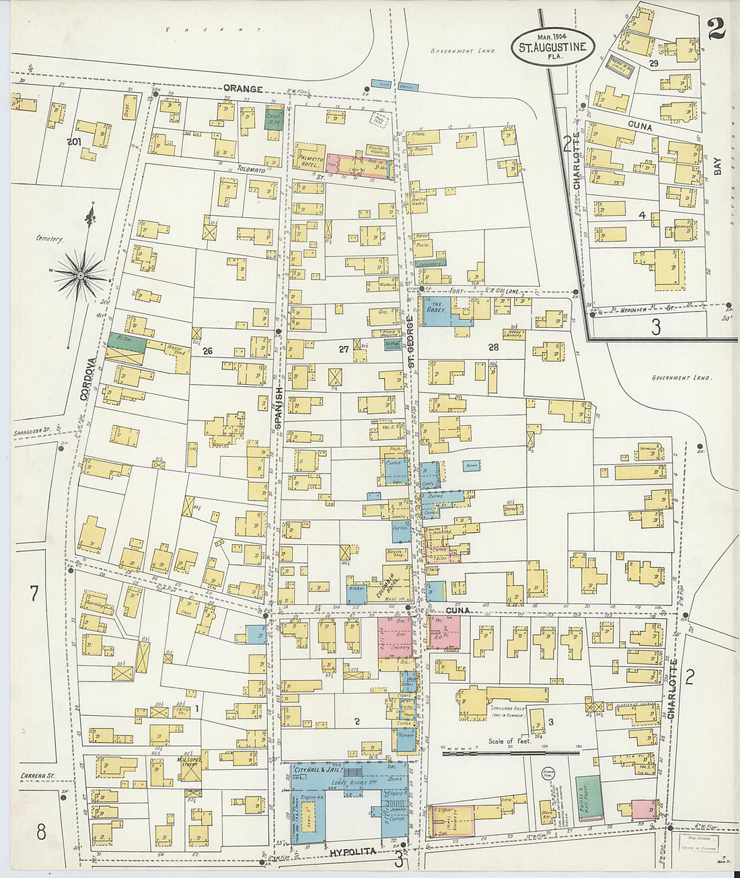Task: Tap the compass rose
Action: [81, 275]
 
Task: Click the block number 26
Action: [207, 351]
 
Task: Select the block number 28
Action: [494, 346]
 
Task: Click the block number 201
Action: [74, 141]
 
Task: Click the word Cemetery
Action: [50, 239]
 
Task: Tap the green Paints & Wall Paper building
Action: [588, 798]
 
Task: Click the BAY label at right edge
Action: [717, 167]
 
